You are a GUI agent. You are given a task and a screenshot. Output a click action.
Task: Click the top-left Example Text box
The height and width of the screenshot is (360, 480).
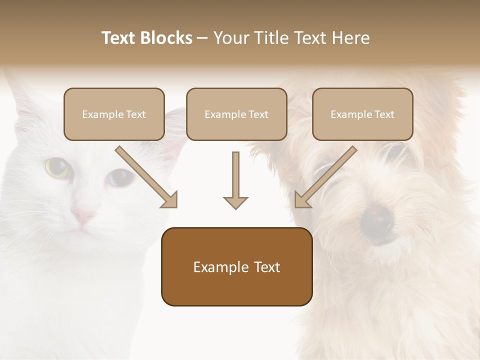point(114,114)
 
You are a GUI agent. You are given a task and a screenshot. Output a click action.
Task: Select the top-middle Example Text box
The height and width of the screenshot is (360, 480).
point(236,114)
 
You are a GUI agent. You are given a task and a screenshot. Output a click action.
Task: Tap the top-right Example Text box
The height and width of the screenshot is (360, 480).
point(362,114)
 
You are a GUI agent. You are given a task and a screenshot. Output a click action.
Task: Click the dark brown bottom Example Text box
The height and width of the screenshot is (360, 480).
point(236,266)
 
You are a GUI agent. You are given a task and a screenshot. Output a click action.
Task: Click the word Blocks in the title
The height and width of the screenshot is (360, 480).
point(167,38)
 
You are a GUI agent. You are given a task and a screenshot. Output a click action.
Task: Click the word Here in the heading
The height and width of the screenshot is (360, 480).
point(352,38)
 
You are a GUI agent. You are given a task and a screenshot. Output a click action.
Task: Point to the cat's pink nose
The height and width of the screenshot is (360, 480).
point(83,216)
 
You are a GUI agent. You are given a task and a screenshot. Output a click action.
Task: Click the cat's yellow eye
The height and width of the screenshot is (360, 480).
point(57,167)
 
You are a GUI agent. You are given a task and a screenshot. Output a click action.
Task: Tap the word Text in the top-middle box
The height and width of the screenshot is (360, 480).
point(257,114)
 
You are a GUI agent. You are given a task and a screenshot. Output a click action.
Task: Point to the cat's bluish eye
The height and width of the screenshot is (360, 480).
point(118,177)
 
